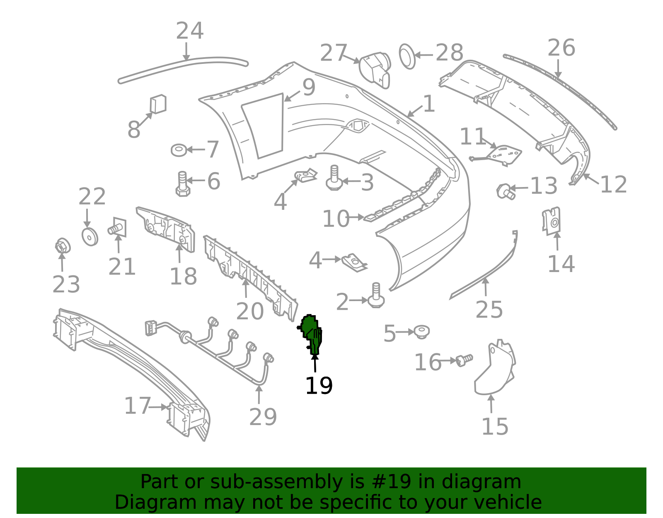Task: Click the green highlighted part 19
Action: [311, 334]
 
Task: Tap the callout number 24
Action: [190, 31]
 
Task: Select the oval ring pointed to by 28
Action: [407, 56]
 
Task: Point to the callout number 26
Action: [561, 48]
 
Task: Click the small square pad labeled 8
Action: [158, 104]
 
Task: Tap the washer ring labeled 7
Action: [179, 150]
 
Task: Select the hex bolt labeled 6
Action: [183, 184]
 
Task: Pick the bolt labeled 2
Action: [376, 295]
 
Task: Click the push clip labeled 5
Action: [422, 332]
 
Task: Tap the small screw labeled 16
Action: [465, 360]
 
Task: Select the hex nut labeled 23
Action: [63, 246]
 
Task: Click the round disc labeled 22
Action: [90, 237]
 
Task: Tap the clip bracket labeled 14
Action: [552, 221]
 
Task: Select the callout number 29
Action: [263, 417]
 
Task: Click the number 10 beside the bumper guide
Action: [336, 219]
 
